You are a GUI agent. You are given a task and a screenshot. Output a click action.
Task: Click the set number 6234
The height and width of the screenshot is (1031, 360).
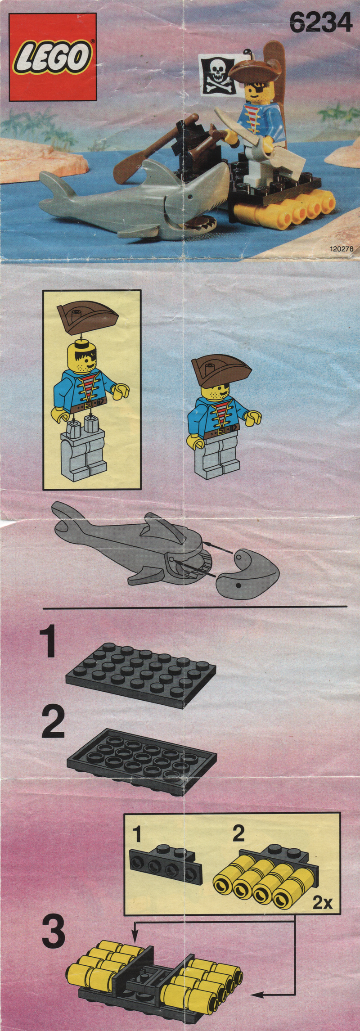pyautogui.click(x=321, y=23)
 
